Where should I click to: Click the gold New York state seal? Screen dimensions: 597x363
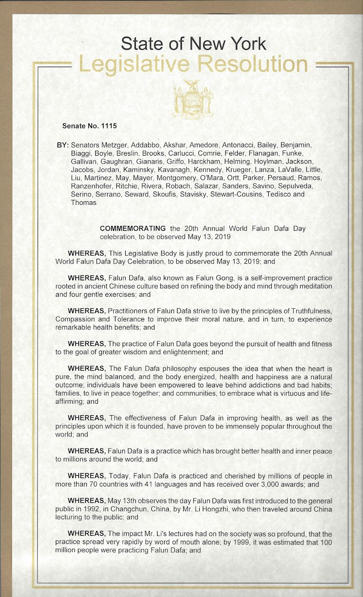tap(193, 99)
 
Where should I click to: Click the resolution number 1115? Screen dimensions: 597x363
tap(109, 126)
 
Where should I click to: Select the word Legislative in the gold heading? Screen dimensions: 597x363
tap(135, 65)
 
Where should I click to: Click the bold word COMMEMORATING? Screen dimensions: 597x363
tap(133, 229)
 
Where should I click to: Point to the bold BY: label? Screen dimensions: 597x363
tap(62, 145)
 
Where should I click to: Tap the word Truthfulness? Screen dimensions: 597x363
tap(307, 311)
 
